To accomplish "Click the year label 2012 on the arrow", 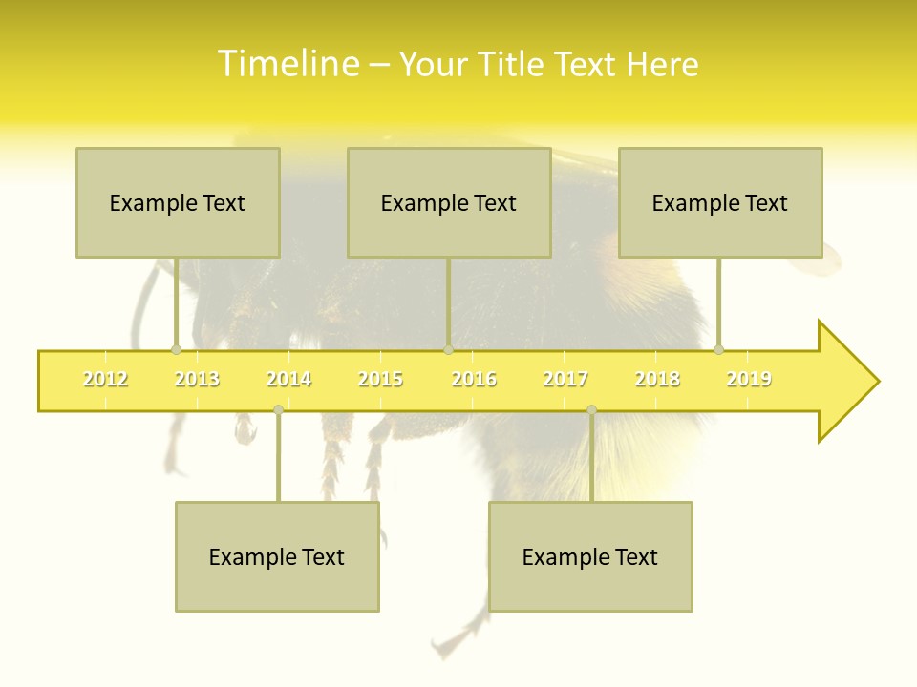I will [105, 379].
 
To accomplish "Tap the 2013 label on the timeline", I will [197, 379].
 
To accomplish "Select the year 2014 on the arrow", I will [288, 379].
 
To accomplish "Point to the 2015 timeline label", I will [380, 379].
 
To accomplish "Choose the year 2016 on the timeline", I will [474, 379].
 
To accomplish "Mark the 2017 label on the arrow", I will [565, 379].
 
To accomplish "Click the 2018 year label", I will [657, 379].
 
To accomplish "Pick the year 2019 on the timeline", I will [749, 379].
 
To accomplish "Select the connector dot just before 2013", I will [176, 349].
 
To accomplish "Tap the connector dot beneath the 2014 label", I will [278, 409].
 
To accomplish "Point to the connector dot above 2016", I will [448, 349].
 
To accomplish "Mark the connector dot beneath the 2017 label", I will [591, 409].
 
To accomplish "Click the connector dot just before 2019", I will [718, 349].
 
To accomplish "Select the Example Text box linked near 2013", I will [178, 202].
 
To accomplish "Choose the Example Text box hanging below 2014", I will [277, 556].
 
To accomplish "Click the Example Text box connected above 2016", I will [449, 202].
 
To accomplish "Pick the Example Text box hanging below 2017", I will [590, 556].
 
